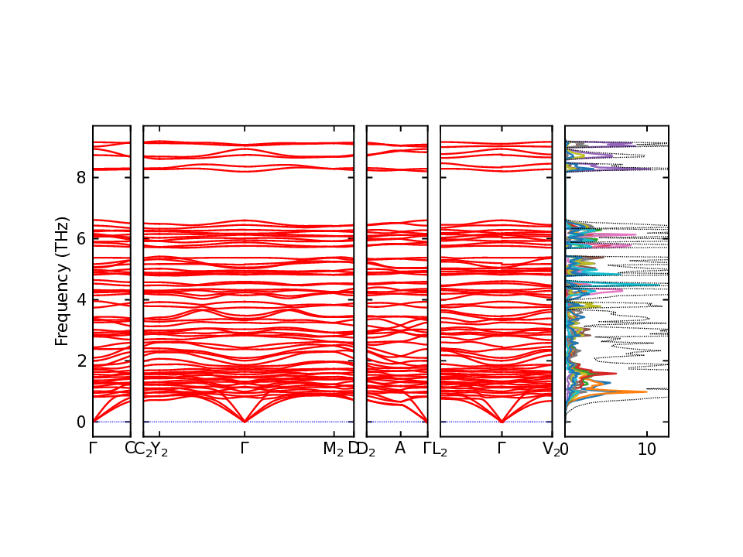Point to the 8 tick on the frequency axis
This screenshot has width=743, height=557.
80,177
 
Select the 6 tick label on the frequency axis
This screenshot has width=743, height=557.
80,238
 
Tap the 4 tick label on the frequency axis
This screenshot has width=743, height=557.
80,299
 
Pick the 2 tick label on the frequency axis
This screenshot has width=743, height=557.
80,361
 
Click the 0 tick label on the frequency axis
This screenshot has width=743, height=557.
80,422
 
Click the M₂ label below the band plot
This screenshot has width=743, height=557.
334,449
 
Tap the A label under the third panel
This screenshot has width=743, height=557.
400,448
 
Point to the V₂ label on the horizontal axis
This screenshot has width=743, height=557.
551,449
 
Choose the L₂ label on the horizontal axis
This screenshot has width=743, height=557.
440,449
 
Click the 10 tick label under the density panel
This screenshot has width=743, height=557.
647,449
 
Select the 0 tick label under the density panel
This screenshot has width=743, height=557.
565,449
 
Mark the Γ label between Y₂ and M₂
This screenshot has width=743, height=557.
245,448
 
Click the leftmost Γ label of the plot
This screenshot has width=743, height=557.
93,448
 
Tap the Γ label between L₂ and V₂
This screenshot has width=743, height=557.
502,448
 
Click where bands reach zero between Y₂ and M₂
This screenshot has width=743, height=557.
245,422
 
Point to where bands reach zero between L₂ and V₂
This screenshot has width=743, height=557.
502,422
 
